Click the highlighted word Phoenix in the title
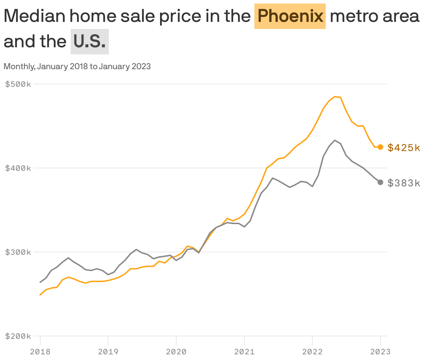tap(290, 16)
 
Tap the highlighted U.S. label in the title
tap(90, 42)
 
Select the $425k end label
tap(404, 148)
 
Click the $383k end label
tap(404, 183)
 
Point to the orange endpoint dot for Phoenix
tap(380, 147)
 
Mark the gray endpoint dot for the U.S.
tap(380, 182)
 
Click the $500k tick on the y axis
tap(18, 84)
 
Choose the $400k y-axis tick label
tap(18, 168)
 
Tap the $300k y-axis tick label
tap(18, 252)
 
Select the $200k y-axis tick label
tap(18, 336)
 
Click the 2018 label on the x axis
tap(40, 352)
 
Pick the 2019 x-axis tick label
tap(108, 352)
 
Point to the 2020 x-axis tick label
tap(176, 352)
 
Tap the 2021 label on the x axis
tap(244, 352)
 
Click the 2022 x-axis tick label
tap(312, 352)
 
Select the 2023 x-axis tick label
tap(380, 352)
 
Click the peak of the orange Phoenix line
tap(335, 96)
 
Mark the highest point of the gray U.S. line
tap(335, 140)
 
